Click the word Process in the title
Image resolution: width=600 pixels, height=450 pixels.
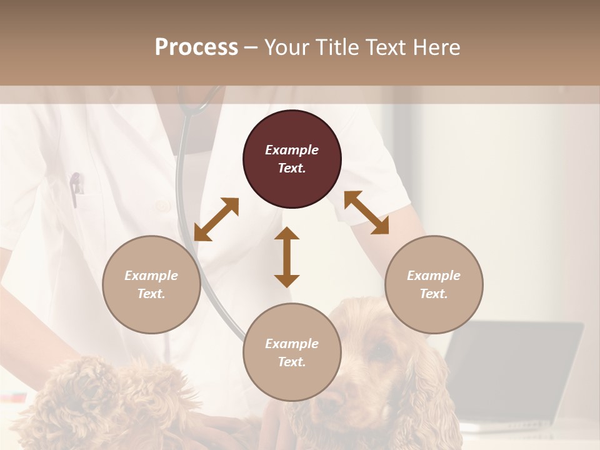[x=196, y=47]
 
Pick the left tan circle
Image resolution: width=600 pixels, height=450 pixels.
[x=151, y=284]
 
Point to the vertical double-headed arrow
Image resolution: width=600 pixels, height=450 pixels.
[x=287, y=257]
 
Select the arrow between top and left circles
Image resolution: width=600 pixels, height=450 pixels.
[x=216, y=219]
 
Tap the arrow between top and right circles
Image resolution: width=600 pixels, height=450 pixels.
[x=366, y=212]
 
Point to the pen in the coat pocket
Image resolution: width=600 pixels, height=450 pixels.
[x=76, y=188]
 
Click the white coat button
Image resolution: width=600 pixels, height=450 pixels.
[x=162, y=206]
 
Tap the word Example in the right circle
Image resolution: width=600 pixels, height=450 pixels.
[x=434, y=276]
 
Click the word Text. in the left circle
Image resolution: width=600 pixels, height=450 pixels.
[x=151, y=294]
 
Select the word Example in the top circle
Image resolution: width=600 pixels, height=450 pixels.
[x=292, y=150]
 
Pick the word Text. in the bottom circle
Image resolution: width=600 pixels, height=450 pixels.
[x=292, y=362]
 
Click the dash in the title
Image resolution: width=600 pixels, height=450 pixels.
[x=251, y=47]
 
